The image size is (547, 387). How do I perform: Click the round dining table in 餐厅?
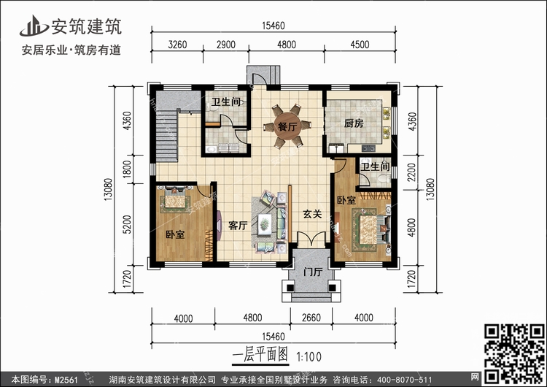pyautogui.click(x=287, y=126)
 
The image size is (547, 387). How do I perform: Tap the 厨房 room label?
pyautogui.click(x=354, y=123)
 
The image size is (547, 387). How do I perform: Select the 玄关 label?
pyautogui.click(x=312, y=214)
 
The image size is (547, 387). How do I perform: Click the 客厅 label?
pyautogui.click(x=238, y=226)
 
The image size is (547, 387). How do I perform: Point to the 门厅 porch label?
pyautogui.click(x=313, y=272)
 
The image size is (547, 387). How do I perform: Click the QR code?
pyautogui.click(x=514, y=353)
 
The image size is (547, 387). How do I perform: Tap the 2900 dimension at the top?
pyautogui.click(x=225, y=45)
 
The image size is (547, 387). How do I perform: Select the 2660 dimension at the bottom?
pyautogui.click(x=311, y=318)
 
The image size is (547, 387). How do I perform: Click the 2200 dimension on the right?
pyautogui.click(x=412, y=172)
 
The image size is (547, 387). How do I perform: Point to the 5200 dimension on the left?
pyautogui.click(x=128, y=225)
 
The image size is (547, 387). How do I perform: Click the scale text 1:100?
pyautogui.click(x=309, y=356)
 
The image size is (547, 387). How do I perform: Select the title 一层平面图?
pyautogui.click(x=260, y=355)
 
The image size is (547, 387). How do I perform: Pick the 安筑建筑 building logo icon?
pyautogui.click(x=34, y=26)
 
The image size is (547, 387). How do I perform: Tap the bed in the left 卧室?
pyautogui.click(x=176, y=199)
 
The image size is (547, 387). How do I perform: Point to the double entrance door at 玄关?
pyautogui.click(x=311, y=240)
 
